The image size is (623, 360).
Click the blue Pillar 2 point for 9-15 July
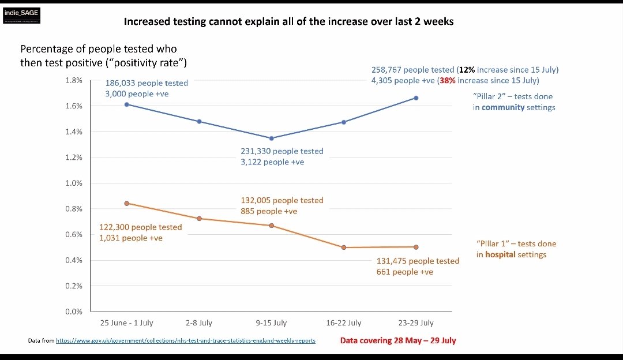(x=272, y=138)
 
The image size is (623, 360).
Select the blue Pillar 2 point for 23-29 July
(x=416, y=98)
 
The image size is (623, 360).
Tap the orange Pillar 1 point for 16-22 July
(x=344, y=247)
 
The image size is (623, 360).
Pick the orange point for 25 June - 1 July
(x=127, y=203)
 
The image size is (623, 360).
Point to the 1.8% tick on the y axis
(x=73, y=80)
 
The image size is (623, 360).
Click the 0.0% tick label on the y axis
(x=73, y=312)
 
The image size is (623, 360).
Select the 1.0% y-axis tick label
(x=73, y=183)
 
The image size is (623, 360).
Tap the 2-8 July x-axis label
(x=199, y=322)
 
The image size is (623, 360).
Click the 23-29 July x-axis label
(x=416, y=322)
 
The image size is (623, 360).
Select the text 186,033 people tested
(x=147, y=83)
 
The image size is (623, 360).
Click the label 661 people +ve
(x=404, y=272)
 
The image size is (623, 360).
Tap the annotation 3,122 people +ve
(x=272, y=162)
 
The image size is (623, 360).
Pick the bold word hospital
(x=500, y=254)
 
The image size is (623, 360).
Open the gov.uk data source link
(x=185, y=340)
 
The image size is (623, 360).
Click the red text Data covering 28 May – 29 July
(x=398, y=340)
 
